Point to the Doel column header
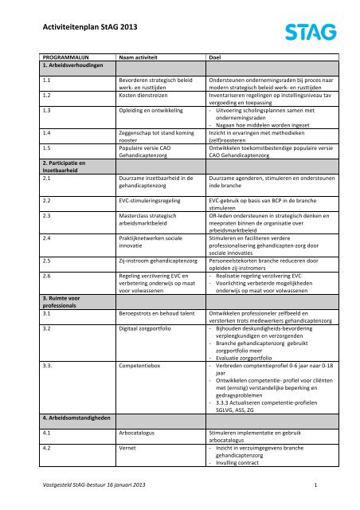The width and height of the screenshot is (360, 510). tap(213, 58)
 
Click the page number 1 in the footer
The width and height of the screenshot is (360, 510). tap(316, 484)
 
